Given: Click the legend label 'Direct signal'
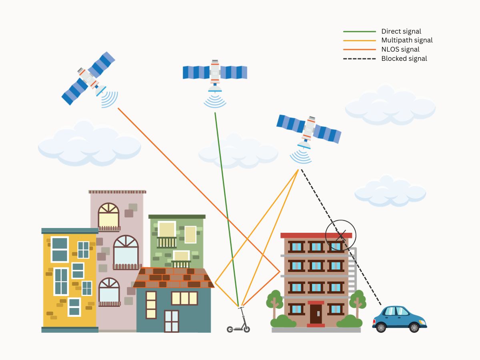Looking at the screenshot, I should pos(401,31).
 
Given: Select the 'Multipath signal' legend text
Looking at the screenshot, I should pos(407,40).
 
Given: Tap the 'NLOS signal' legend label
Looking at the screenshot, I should pos(400,49).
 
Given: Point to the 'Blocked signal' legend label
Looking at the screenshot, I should pos(404,58).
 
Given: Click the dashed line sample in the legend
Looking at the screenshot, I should pos(360,58).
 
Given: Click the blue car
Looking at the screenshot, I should pos(399,319).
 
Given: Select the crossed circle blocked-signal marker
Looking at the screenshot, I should pos(340,235).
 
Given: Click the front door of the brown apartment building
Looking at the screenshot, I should pos(316,314).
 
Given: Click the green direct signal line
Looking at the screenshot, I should pos(226,208).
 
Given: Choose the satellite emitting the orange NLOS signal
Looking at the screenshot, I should pos(89,78).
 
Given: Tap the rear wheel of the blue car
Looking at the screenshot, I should pos(381,328).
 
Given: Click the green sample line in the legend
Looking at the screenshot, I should pos(360,31).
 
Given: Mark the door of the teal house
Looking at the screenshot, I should pos(172,321).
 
